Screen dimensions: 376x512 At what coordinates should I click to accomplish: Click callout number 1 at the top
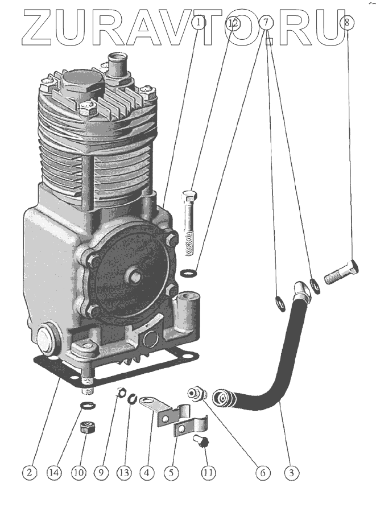pyautogui.click(x=197, y=23)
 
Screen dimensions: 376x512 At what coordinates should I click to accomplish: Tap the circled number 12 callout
pyautogui.click(x=232, y=23)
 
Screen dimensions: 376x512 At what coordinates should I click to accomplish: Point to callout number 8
pyautogui.click(x=348, y=23)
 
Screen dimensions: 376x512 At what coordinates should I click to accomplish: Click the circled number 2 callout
pyautogui.click(x=31, y=472)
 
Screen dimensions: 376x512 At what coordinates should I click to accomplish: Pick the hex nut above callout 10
pyautogui.click(x=87, y=427)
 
